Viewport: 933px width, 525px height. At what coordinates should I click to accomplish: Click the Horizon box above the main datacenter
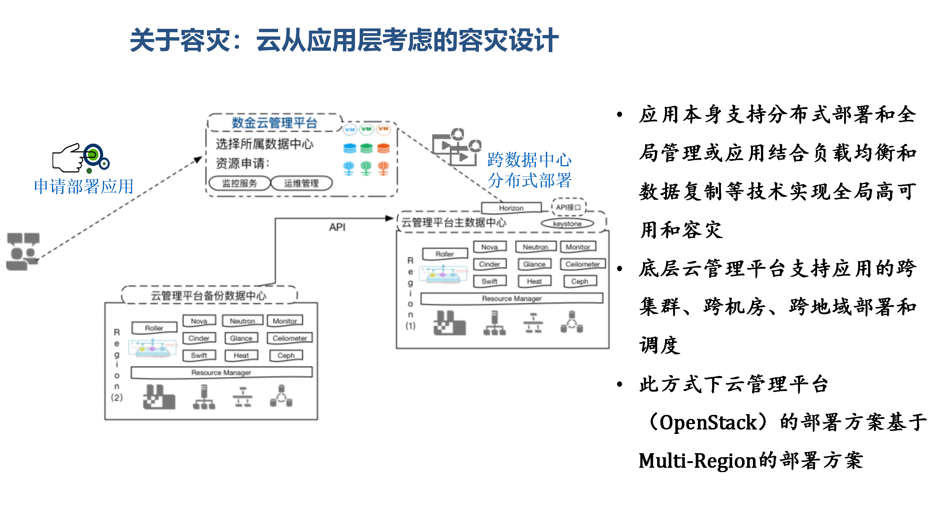(511, 208)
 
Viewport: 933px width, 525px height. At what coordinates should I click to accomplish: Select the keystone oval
(567, 223)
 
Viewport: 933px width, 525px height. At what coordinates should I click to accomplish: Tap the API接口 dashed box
(568, 207)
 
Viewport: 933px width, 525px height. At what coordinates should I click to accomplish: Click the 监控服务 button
(239, 183)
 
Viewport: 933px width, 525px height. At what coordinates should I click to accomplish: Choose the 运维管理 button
(301, 183)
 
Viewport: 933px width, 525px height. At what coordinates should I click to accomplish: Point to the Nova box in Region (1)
(489, 247)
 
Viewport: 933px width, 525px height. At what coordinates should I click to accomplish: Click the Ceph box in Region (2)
(286, 355)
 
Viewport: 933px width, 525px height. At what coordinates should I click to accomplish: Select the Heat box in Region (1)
(534, 281)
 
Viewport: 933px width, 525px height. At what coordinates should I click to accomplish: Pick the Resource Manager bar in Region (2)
(221, 372)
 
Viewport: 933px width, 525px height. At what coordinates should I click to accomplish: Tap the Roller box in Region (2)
(154, 328)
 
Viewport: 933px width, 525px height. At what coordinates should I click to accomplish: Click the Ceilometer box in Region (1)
(582, 264)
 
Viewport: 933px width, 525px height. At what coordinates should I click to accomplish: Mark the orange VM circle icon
(383, 129)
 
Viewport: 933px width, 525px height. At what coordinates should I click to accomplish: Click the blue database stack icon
(350, 148)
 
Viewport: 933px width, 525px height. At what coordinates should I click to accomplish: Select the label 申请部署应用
(84, 187)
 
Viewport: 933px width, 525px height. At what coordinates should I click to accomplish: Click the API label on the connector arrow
(337, 227)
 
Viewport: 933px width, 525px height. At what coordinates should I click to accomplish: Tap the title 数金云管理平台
(274, 123)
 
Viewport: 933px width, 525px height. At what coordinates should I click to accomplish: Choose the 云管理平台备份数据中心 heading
(209, 295)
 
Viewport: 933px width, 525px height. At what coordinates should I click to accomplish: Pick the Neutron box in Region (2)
(242, 321)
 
